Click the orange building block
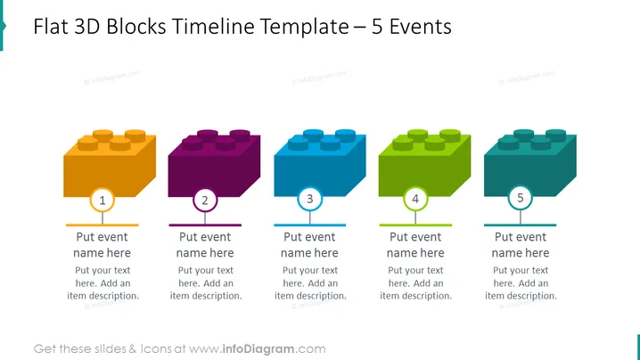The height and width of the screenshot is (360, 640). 110,163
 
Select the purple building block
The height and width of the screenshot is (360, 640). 214,163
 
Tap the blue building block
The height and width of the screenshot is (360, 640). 320,163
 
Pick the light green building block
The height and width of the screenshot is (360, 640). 425,163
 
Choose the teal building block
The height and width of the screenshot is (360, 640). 530,163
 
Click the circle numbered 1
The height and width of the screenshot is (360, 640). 102,200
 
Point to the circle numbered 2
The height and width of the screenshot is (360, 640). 205,200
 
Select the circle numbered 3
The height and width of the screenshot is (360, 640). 310,199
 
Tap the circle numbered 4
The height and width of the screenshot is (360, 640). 415,199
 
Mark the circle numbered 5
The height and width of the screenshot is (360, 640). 521,198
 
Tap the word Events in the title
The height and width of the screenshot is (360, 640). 421,27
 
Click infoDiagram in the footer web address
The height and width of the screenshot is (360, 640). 258,349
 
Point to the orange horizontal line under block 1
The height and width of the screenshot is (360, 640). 102,225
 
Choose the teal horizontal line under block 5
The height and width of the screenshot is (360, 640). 520,225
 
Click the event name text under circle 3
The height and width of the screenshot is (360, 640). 309,245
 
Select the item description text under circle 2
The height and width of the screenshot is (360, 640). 206,282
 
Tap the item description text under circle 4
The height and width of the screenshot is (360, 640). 415,282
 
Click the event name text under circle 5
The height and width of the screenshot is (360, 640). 521,245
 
